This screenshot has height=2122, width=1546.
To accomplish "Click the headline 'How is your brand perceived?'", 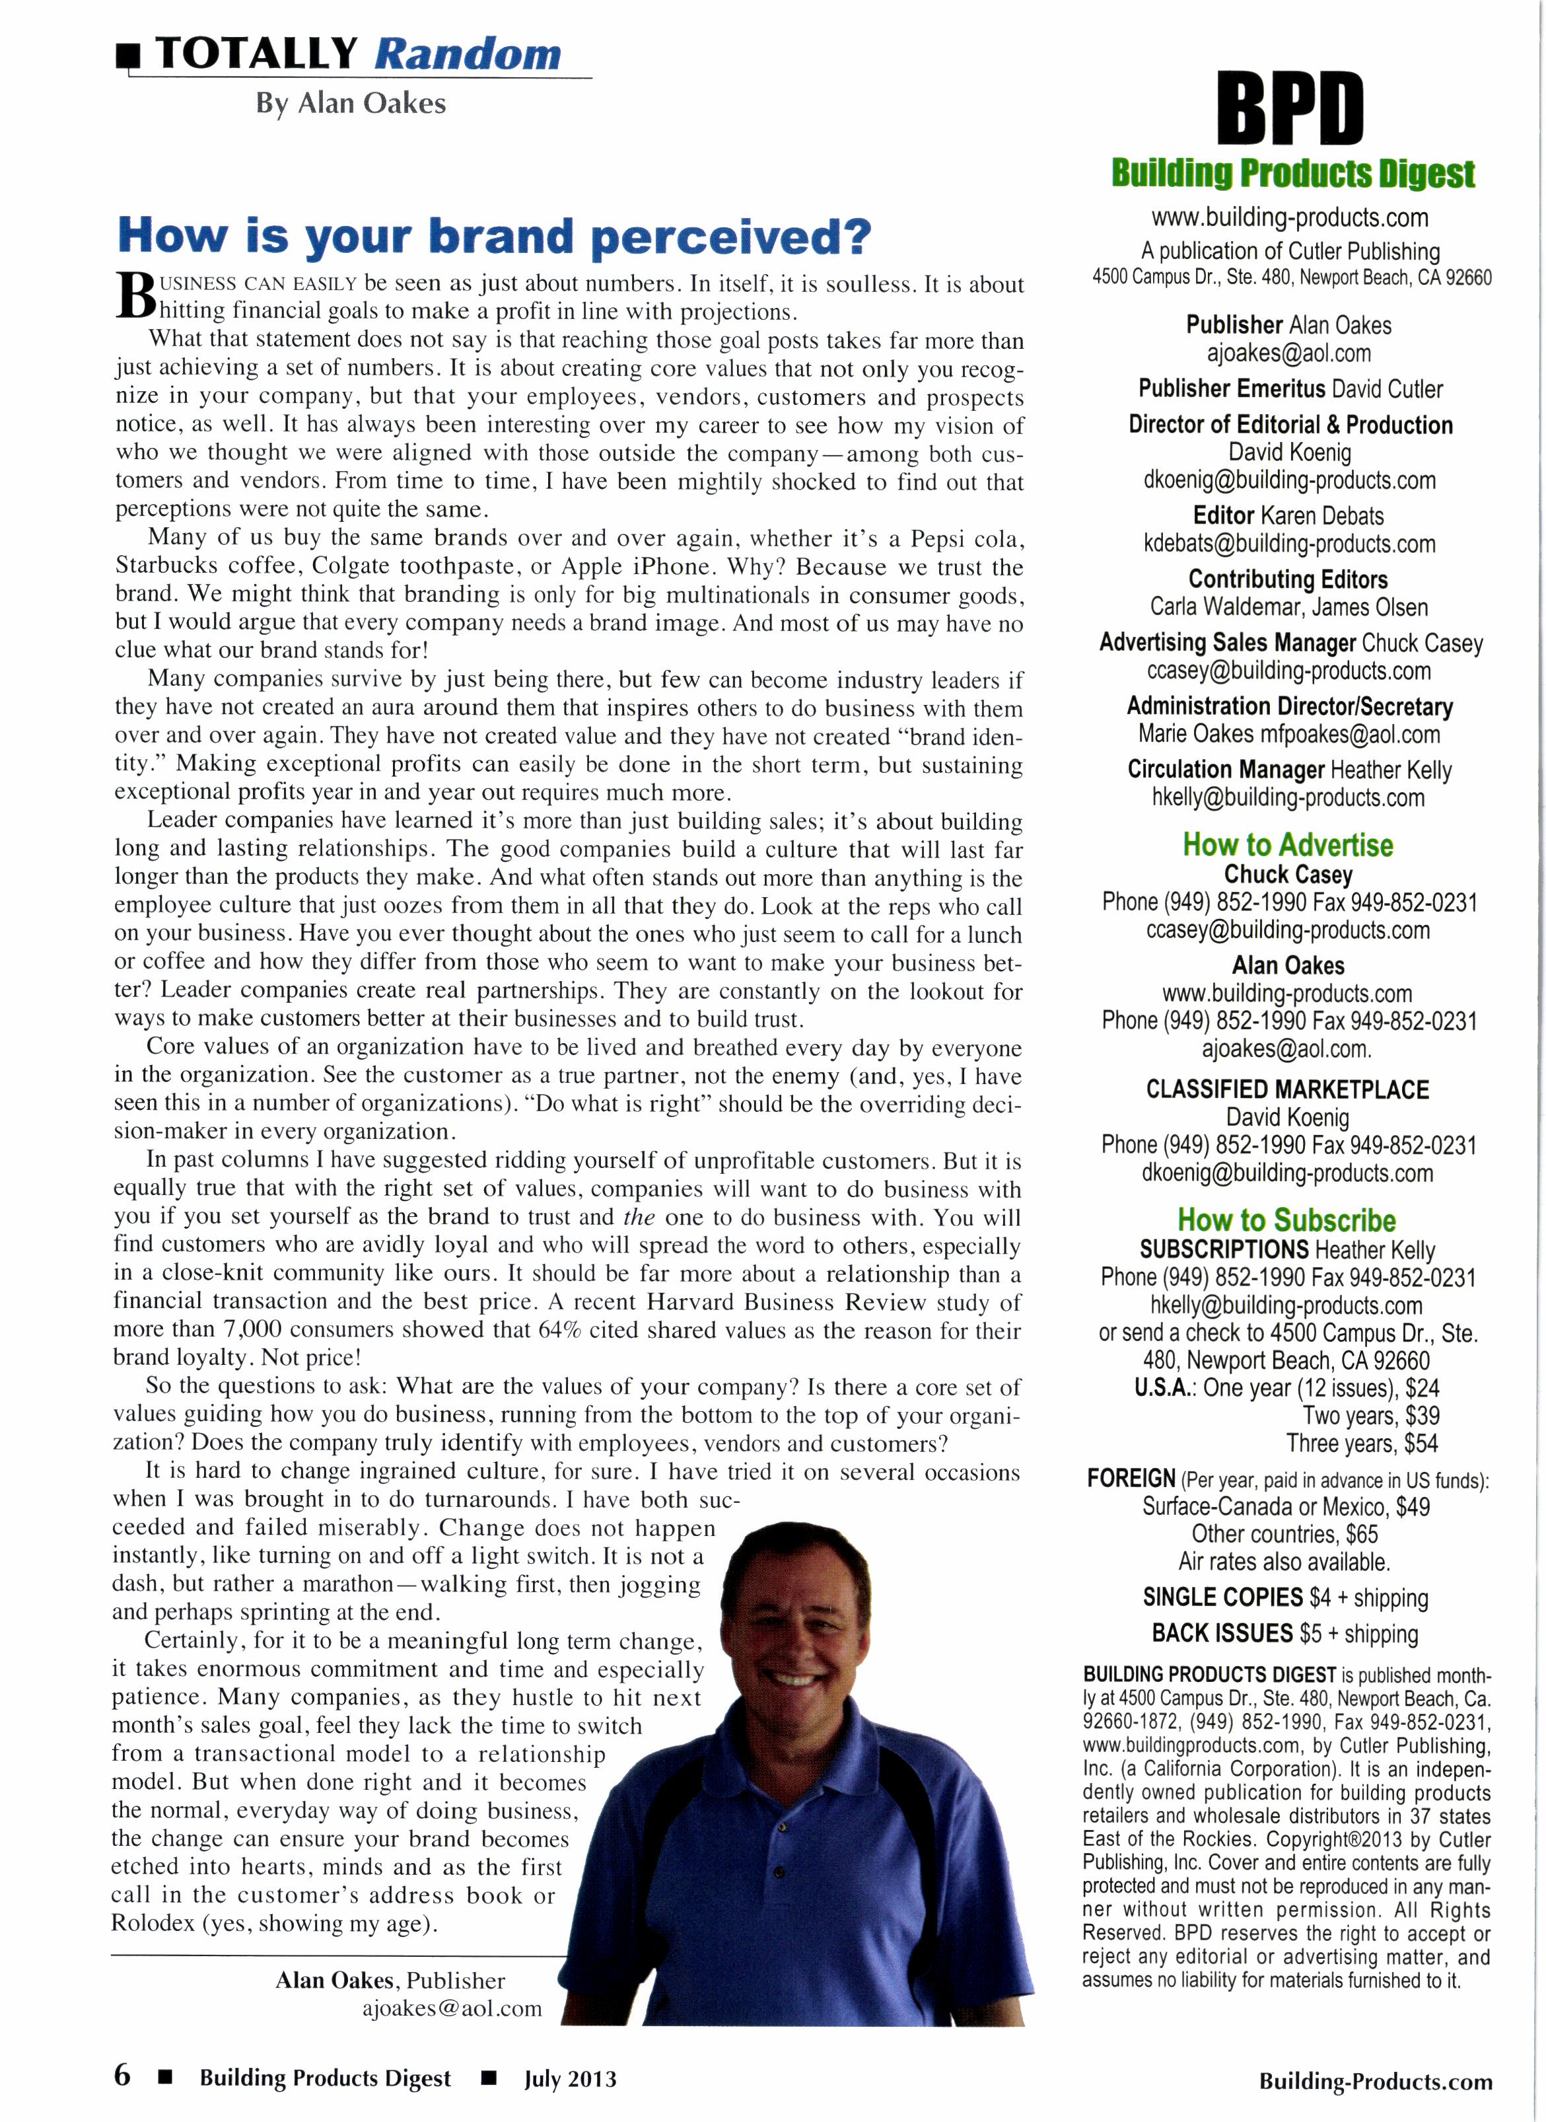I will click(493, 236).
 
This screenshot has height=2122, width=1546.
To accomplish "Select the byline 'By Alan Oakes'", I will click(351, 103).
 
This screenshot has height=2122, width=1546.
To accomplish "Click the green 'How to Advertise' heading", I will click(1288, 844).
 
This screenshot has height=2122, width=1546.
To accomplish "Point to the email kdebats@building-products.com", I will click(1288, 544).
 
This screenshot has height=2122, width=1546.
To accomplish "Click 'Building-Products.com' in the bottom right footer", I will click(1375, 2081).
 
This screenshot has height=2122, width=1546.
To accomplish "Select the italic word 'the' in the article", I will click(639, 1218).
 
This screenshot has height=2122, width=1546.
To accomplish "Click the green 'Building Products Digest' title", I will click(1292, 174).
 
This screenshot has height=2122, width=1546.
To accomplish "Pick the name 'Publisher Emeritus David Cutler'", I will click(1290, 388).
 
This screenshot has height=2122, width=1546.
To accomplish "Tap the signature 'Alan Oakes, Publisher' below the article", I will click(390, 1980).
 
